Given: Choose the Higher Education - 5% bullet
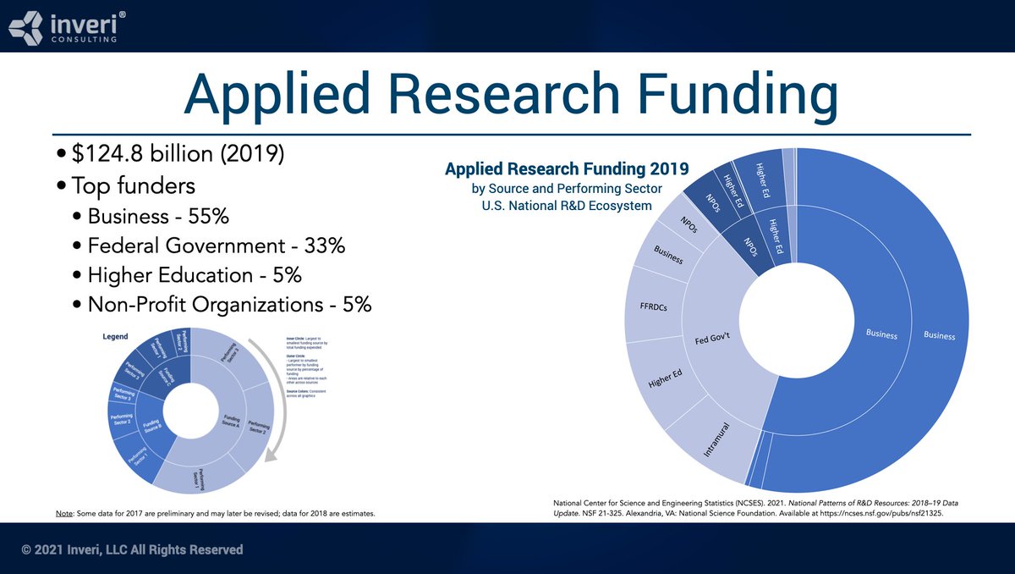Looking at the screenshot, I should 195,275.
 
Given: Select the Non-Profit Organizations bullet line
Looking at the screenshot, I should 229,305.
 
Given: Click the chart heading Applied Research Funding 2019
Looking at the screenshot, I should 567,168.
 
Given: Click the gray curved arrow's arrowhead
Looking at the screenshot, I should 270,460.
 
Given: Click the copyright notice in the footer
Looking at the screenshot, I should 132,550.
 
